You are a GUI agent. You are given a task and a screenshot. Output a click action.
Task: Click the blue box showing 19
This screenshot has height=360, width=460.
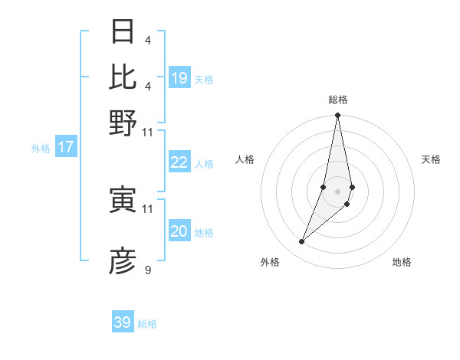179,77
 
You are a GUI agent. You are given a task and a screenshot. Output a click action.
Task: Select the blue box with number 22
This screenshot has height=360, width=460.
179,162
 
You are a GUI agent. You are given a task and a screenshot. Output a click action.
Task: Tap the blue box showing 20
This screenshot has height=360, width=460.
179,231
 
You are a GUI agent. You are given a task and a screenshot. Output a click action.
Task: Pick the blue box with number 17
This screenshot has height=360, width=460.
66,147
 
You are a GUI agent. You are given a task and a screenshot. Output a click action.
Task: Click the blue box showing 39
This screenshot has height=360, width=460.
123,322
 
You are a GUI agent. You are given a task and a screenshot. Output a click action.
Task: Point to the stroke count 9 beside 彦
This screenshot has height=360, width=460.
147,270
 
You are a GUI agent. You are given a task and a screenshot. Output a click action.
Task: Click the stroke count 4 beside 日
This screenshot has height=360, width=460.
147,40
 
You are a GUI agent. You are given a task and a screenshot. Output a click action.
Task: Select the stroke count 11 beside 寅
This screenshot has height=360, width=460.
148,208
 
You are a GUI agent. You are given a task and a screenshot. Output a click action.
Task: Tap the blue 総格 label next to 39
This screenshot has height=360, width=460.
147,324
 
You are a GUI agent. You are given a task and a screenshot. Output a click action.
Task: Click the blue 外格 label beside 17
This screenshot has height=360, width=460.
41,149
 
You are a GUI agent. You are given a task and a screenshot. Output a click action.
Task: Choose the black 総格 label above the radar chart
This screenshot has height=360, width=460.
338,100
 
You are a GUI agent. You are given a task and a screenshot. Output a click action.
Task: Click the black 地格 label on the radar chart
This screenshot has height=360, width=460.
402,263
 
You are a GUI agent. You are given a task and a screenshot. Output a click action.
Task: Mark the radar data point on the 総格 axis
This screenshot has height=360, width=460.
337,116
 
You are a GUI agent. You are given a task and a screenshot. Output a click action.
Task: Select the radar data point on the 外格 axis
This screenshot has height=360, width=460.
302,242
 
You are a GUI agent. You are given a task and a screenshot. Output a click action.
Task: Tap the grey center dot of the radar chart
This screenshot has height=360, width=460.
337,191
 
